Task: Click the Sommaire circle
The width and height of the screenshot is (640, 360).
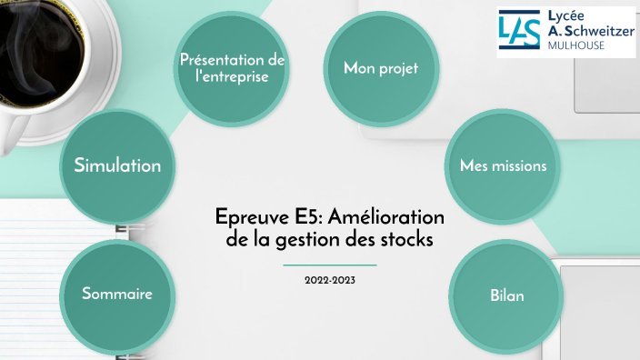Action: coord(116,295)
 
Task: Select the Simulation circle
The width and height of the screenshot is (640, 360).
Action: coord(116,165)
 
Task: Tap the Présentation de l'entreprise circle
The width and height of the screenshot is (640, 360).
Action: coord(233,68)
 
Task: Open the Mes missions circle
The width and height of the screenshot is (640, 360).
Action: coord(503,166)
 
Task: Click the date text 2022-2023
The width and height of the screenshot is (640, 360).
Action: coord(330,280)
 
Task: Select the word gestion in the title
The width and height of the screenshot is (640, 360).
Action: coord(308,241)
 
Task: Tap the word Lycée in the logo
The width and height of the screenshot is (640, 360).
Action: coord(569,15)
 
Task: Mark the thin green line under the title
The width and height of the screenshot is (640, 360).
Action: coord(330,265)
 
